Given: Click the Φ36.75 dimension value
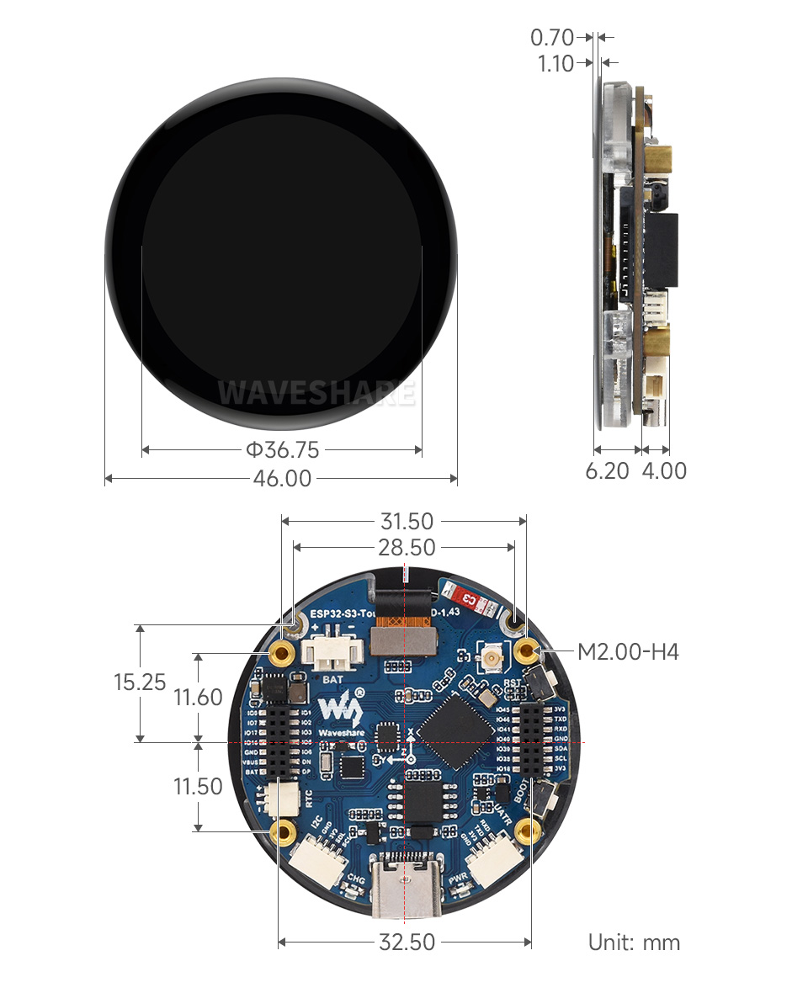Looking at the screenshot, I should coord(282,450).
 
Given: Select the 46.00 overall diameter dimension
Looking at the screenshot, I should coord(282,479).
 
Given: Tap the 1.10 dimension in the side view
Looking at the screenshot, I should coord(555,64).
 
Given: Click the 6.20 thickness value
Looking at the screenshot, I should coord(607,471).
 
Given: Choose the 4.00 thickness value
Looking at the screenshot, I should coord(664,471).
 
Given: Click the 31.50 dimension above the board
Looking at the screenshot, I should coord(407,522).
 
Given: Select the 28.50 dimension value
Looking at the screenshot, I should coord(407,548).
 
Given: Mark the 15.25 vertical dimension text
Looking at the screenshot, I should coord(140,682).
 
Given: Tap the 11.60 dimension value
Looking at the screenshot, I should coord(198,698).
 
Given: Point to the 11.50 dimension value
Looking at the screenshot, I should coord(198,787).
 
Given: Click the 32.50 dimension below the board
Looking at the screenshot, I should coord(407,942).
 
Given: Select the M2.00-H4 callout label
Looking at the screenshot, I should coord(628,651).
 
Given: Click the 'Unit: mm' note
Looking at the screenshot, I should coord(634,943).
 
